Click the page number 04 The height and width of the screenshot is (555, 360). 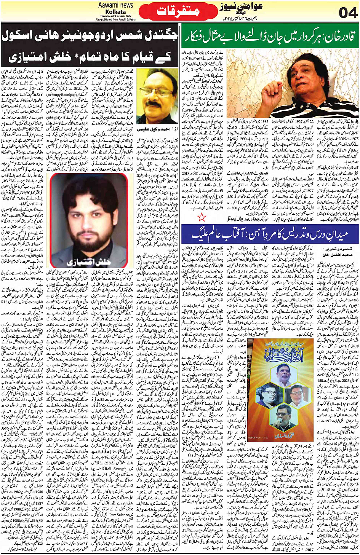347,13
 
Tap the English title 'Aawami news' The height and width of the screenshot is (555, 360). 115,5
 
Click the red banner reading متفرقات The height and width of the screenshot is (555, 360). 178,11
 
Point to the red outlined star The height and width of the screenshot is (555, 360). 202,217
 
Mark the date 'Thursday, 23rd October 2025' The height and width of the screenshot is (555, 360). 115,16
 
